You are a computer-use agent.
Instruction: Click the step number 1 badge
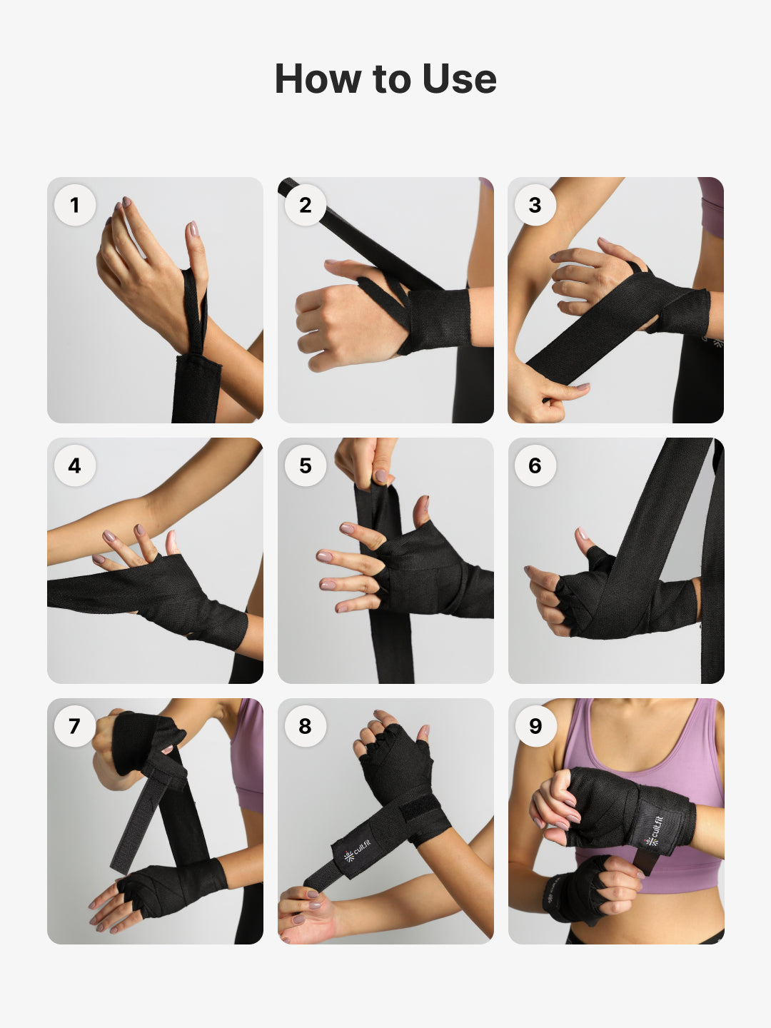pyautogui.click(x=75, y=205)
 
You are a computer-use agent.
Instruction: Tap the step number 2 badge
pyautogui.click(x=306, y=205)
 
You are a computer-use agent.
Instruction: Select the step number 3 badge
pyautogui.click(x=535, y=205)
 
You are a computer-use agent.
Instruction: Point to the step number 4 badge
pyautogui.click(x=75, y=465)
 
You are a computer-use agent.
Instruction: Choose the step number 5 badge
pyautogui.click(x=306, y=465)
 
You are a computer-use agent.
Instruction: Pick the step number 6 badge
pyautogui.click(x=535, y=465)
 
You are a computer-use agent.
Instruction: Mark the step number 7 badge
pyautogui.click(x=75, y=726)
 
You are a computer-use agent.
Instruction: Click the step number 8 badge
pyautogui.click(x=306, y=726)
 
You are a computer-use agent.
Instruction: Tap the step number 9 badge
pyautogui.click(x=535, y=726)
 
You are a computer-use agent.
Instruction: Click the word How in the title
pyautogui.click(x=317, y=79)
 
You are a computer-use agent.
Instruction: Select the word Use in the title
pyautogui.click(x=459, y=79)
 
